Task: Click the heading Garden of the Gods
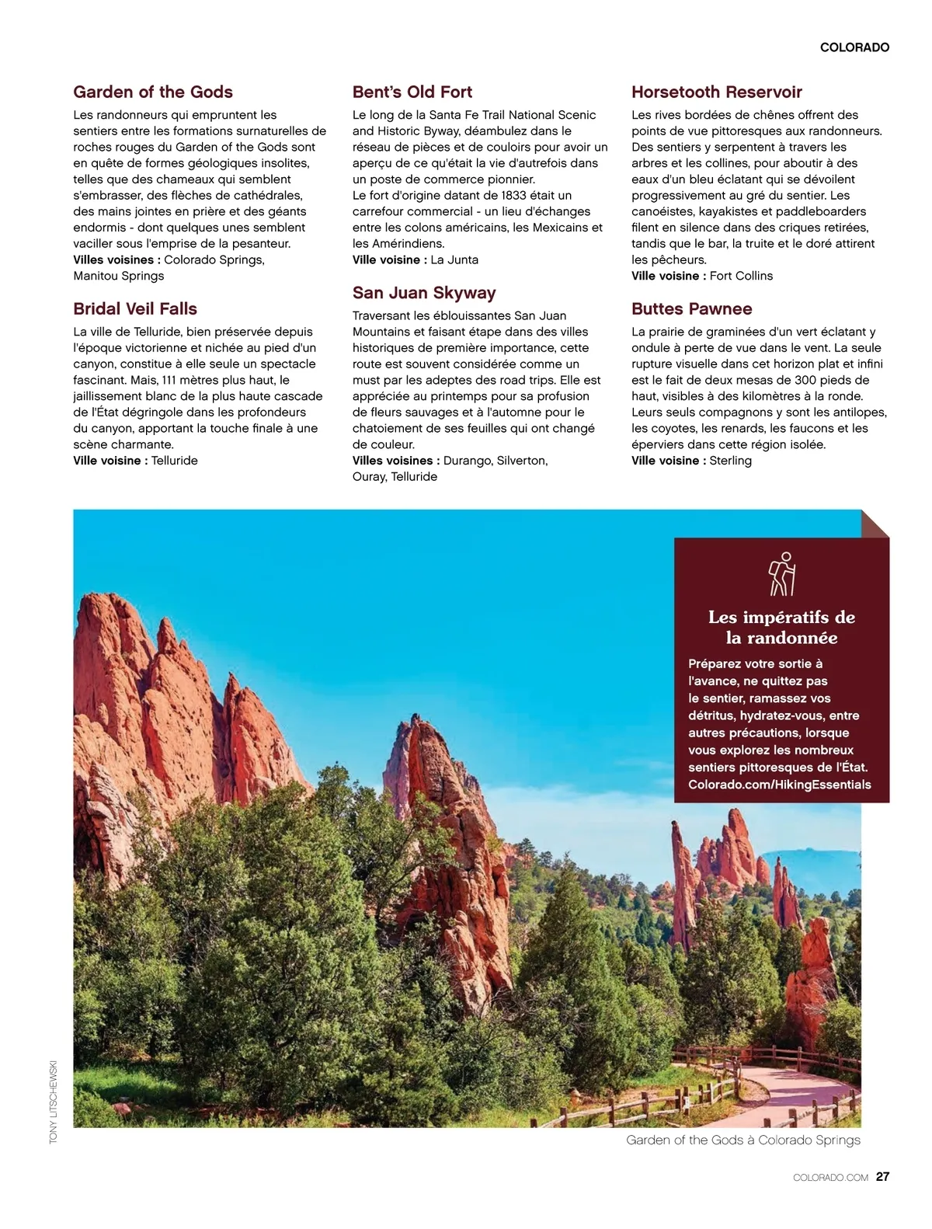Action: coord(153,92)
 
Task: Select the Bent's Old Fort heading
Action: coord(412,92)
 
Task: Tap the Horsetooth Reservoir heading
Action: coord(716,92)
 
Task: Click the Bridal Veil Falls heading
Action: coord(135,308)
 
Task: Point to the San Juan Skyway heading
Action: coord(423,293)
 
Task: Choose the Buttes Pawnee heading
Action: coord(691,308)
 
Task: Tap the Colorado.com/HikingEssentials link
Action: coord(779,785)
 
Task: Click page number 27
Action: coord(882,1176)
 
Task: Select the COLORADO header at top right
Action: coord(854,47)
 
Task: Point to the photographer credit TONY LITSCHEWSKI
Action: coord(54,1101)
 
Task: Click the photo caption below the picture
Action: coord(743,1140)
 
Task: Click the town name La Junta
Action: coord(454,259)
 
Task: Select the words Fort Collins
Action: coord(741,276)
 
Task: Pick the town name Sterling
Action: coord(730,461)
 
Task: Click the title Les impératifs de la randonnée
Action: coord(781,628)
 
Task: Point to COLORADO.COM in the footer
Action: coord(830,1178)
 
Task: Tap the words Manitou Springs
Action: coord(119,276)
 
